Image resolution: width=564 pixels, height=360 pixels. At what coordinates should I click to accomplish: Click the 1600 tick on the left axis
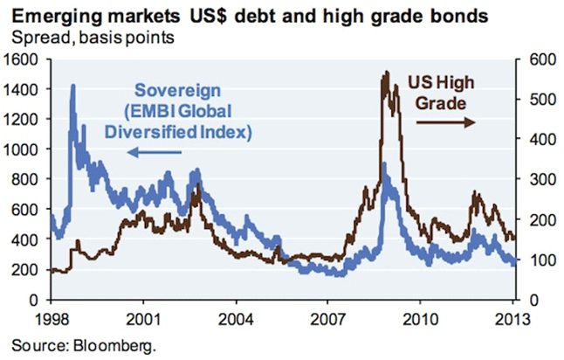24,59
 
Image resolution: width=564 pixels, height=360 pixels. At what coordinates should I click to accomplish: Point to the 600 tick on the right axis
533,59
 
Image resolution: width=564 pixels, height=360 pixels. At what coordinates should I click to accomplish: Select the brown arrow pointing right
444,123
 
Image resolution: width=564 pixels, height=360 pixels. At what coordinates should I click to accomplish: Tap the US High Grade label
441,93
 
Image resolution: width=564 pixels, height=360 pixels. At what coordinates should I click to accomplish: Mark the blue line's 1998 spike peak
72,86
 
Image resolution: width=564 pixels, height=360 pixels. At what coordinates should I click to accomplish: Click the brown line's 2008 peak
385,73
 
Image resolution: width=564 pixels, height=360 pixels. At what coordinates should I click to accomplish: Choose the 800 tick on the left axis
27,179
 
